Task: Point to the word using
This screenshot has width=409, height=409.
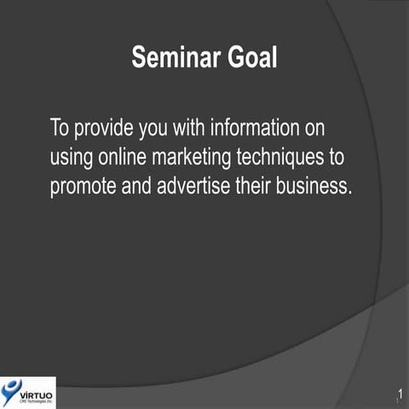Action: coord(71,159)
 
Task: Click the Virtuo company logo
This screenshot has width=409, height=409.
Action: coord(28,392)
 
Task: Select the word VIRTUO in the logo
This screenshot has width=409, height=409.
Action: coord(36,389)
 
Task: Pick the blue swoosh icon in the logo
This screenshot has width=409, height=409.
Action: coord(11,391)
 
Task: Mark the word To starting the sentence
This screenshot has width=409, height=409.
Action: coord(60,130)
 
